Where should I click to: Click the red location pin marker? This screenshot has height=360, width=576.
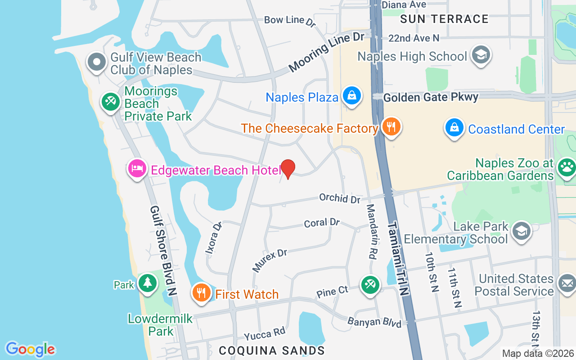click(288, 169)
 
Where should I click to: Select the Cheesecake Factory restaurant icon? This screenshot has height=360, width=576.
click(391, 127)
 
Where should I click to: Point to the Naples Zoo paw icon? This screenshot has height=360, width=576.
click(566, 168)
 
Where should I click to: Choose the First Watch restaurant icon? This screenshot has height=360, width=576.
click(202, 293)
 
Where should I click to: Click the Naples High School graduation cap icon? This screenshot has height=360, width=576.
click(481, 55)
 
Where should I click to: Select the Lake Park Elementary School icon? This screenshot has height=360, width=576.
click(521, 231)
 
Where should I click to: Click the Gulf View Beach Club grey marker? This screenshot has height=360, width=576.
click(97, 63)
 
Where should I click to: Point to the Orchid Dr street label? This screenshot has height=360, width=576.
click(340, 198)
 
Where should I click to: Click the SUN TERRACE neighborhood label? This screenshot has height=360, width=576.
click(444, 19)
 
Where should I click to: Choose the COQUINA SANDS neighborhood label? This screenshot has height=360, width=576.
click(272, 350)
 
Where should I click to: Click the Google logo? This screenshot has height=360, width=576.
click(31, 349)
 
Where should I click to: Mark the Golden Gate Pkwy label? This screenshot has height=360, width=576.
click(431, 96)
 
